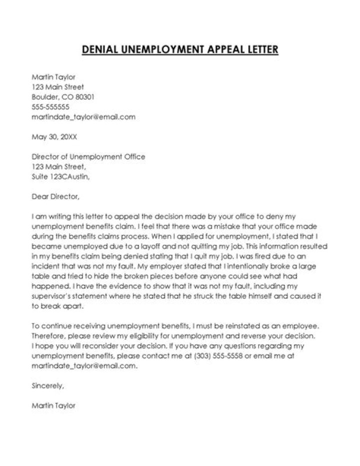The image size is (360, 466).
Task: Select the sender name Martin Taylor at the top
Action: (x=53, y=77)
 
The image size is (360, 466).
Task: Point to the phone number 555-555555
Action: (x=50, y=107)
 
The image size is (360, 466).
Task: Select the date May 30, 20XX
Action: (x=54, y=137)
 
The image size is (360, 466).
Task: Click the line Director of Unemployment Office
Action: (x=88, y=157)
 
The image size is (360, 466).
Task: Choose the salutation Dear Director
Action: (x=55, y=197)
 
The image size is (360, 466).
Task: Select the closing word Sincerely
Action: (x=48, y=386)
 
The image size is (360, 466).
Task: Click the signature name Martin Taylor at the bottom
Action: (x=53, y=406)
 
